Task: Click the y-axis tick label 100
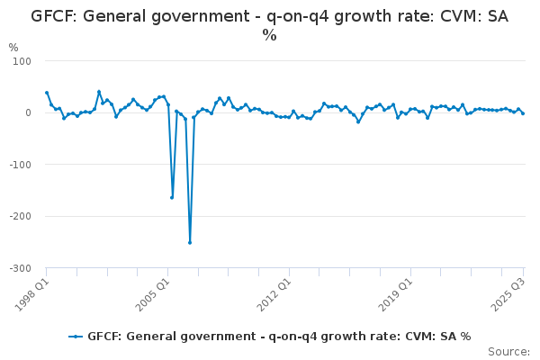22,61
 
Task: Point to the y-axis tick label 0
28,112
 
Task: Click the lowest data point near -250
190,242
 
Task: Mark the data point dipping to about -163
172,197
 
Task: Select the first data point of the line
47,93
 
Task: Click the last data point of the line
523,113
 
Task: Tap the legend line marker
76,337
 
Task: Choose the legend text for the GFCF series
279,337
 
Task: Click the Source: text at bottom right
508,351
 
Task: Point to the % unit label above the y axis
13,48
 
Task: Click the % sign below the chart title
269,36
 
